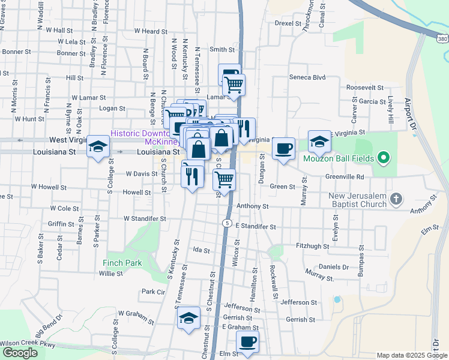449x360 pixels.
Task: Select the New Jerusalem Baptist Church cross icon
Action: tap(396, 198)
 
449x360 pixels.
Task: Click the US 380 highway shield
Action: tap(442, 38)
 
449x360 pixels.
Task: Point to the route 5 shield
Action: tap(226, 223)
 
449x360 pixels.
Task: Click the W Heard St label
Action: tap(151, 31)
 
